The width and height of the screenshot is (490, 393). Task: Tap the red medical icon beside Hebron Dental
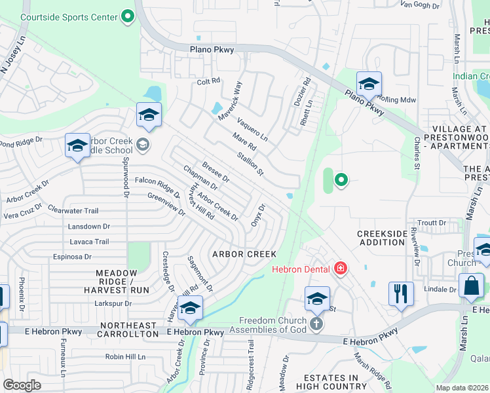pos(340,268)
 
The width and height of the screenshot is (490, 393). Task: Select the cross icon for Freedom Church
pos(316,324)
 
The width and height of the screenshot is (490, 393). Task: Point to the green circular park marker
pos(341,179)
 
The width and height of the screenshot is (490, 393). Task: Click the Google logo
pos(22,384)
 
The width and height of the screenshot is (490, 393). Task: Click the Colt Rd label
pos(208,83)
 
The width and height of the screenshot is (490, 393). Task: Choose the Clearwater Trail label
pos(73,210)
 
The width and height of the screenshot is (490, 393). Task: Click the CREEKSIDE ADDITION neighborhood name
pos(381,238)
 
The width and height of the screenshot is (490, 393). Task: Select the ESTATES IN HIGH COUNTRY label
pos(330,383)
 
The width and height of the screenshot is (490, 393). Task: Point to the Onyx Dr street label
pos(257,215)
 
